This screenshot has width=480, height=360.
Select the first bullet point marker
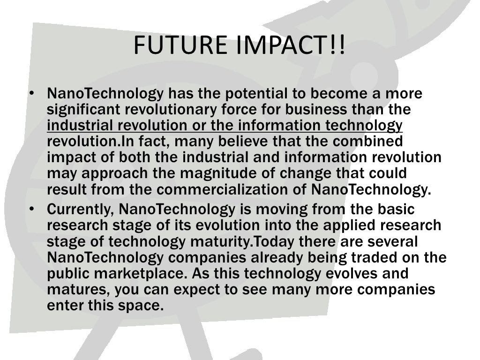point(30,94)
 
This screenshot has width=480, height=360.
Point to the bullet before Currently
point(30,209)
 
